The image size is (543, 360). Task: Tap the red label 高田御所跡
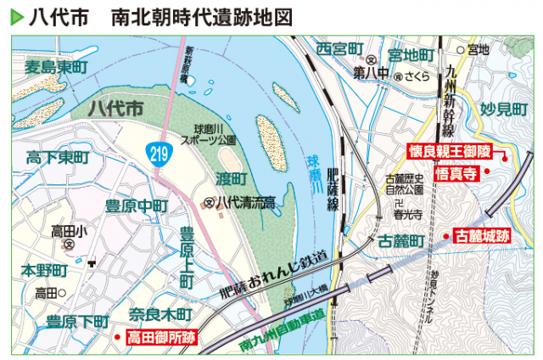(161, 337)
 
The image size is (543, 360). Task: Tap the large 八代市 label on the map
(116, 109)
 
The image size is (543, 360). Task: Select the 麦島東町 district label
(55, 67)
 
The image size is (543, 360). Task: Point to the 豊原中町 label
(136, 206)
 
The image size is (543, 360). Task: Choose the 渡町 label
(231, 178)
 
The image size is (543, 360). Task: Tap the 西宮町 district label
(339, 49)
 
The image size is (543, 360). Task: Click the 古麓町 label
(400, 241)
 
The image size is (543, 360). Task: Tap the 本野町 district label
(43, 270)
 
